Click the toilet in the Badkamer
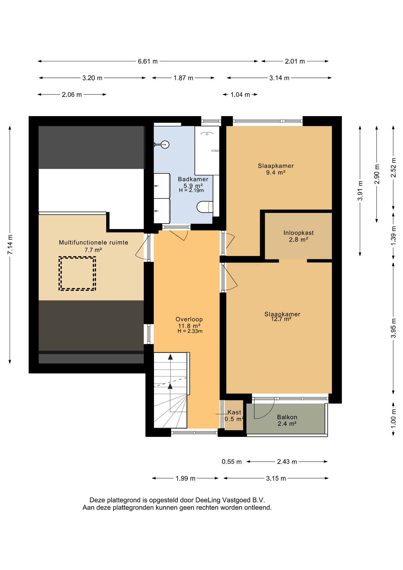[205, 207]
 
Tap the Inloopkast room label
[298, 233]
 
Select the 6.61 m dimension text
[148, 61]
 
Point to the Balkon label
[287, 417]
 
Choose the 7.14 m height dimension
[10, 244]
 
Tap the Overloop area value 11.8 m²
[189, 326]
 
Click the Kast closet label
[234, 412]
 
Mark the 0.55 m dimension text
[232, 462]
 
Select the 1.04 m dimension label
[240, 95]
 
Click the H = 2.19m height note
[191, 190]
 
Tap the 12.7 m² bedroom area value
[281, 319]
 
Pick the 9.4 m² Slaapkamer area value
[276, 172]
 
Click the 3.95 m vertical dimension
[394, 328]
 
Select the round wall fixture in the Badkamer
[165, 145]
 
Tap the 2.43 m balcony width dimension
[287, 462]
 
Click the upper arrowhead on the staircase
[170, 357]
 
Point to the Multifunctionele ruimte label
[93, 243]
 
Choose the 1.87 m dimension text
[183, 78]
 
